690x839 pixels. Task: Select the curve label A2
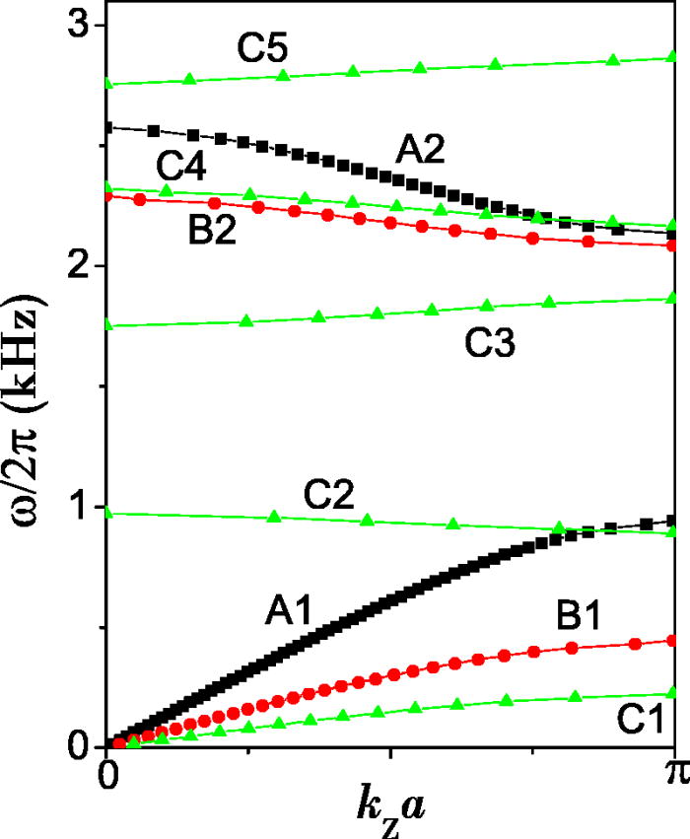tap(421, 150)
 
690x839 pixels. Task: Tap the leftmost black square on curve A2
tap(108, 127)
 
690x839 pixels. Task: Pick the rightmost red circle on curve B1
tap(673, 641)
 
